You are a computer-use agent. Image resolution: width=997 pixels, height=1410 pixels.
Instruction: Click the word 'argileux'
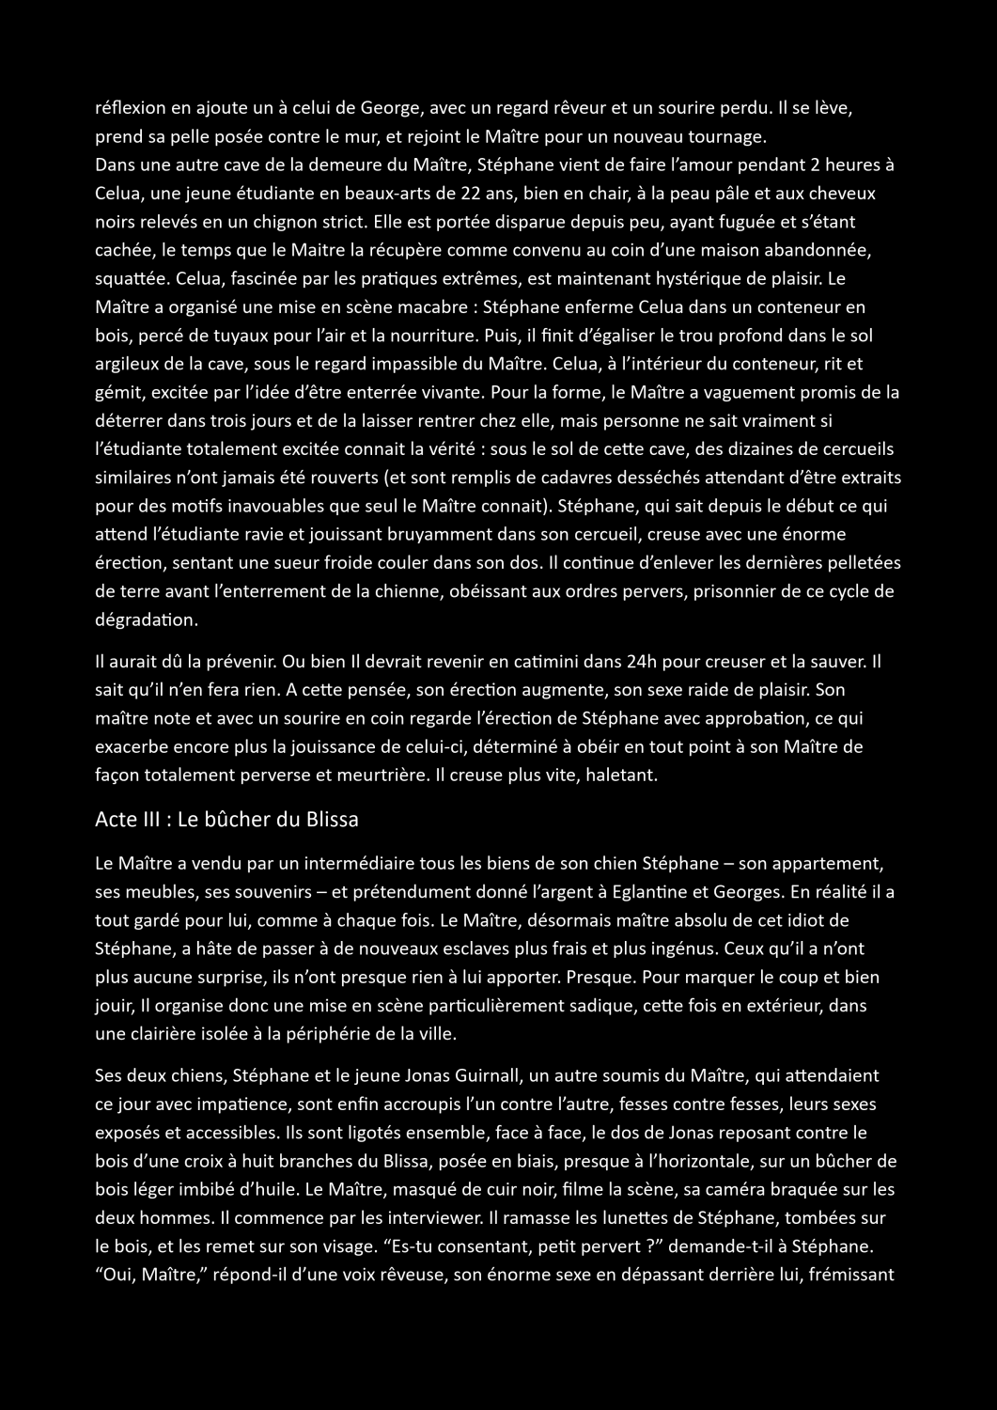(127, 364)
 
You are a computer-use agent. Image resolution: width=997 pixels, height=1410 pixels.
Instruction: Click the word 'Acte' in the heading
(116, 819)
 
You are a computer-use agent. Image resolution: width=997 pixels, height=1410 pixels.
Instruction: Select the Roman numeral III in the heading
(155, 819)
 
